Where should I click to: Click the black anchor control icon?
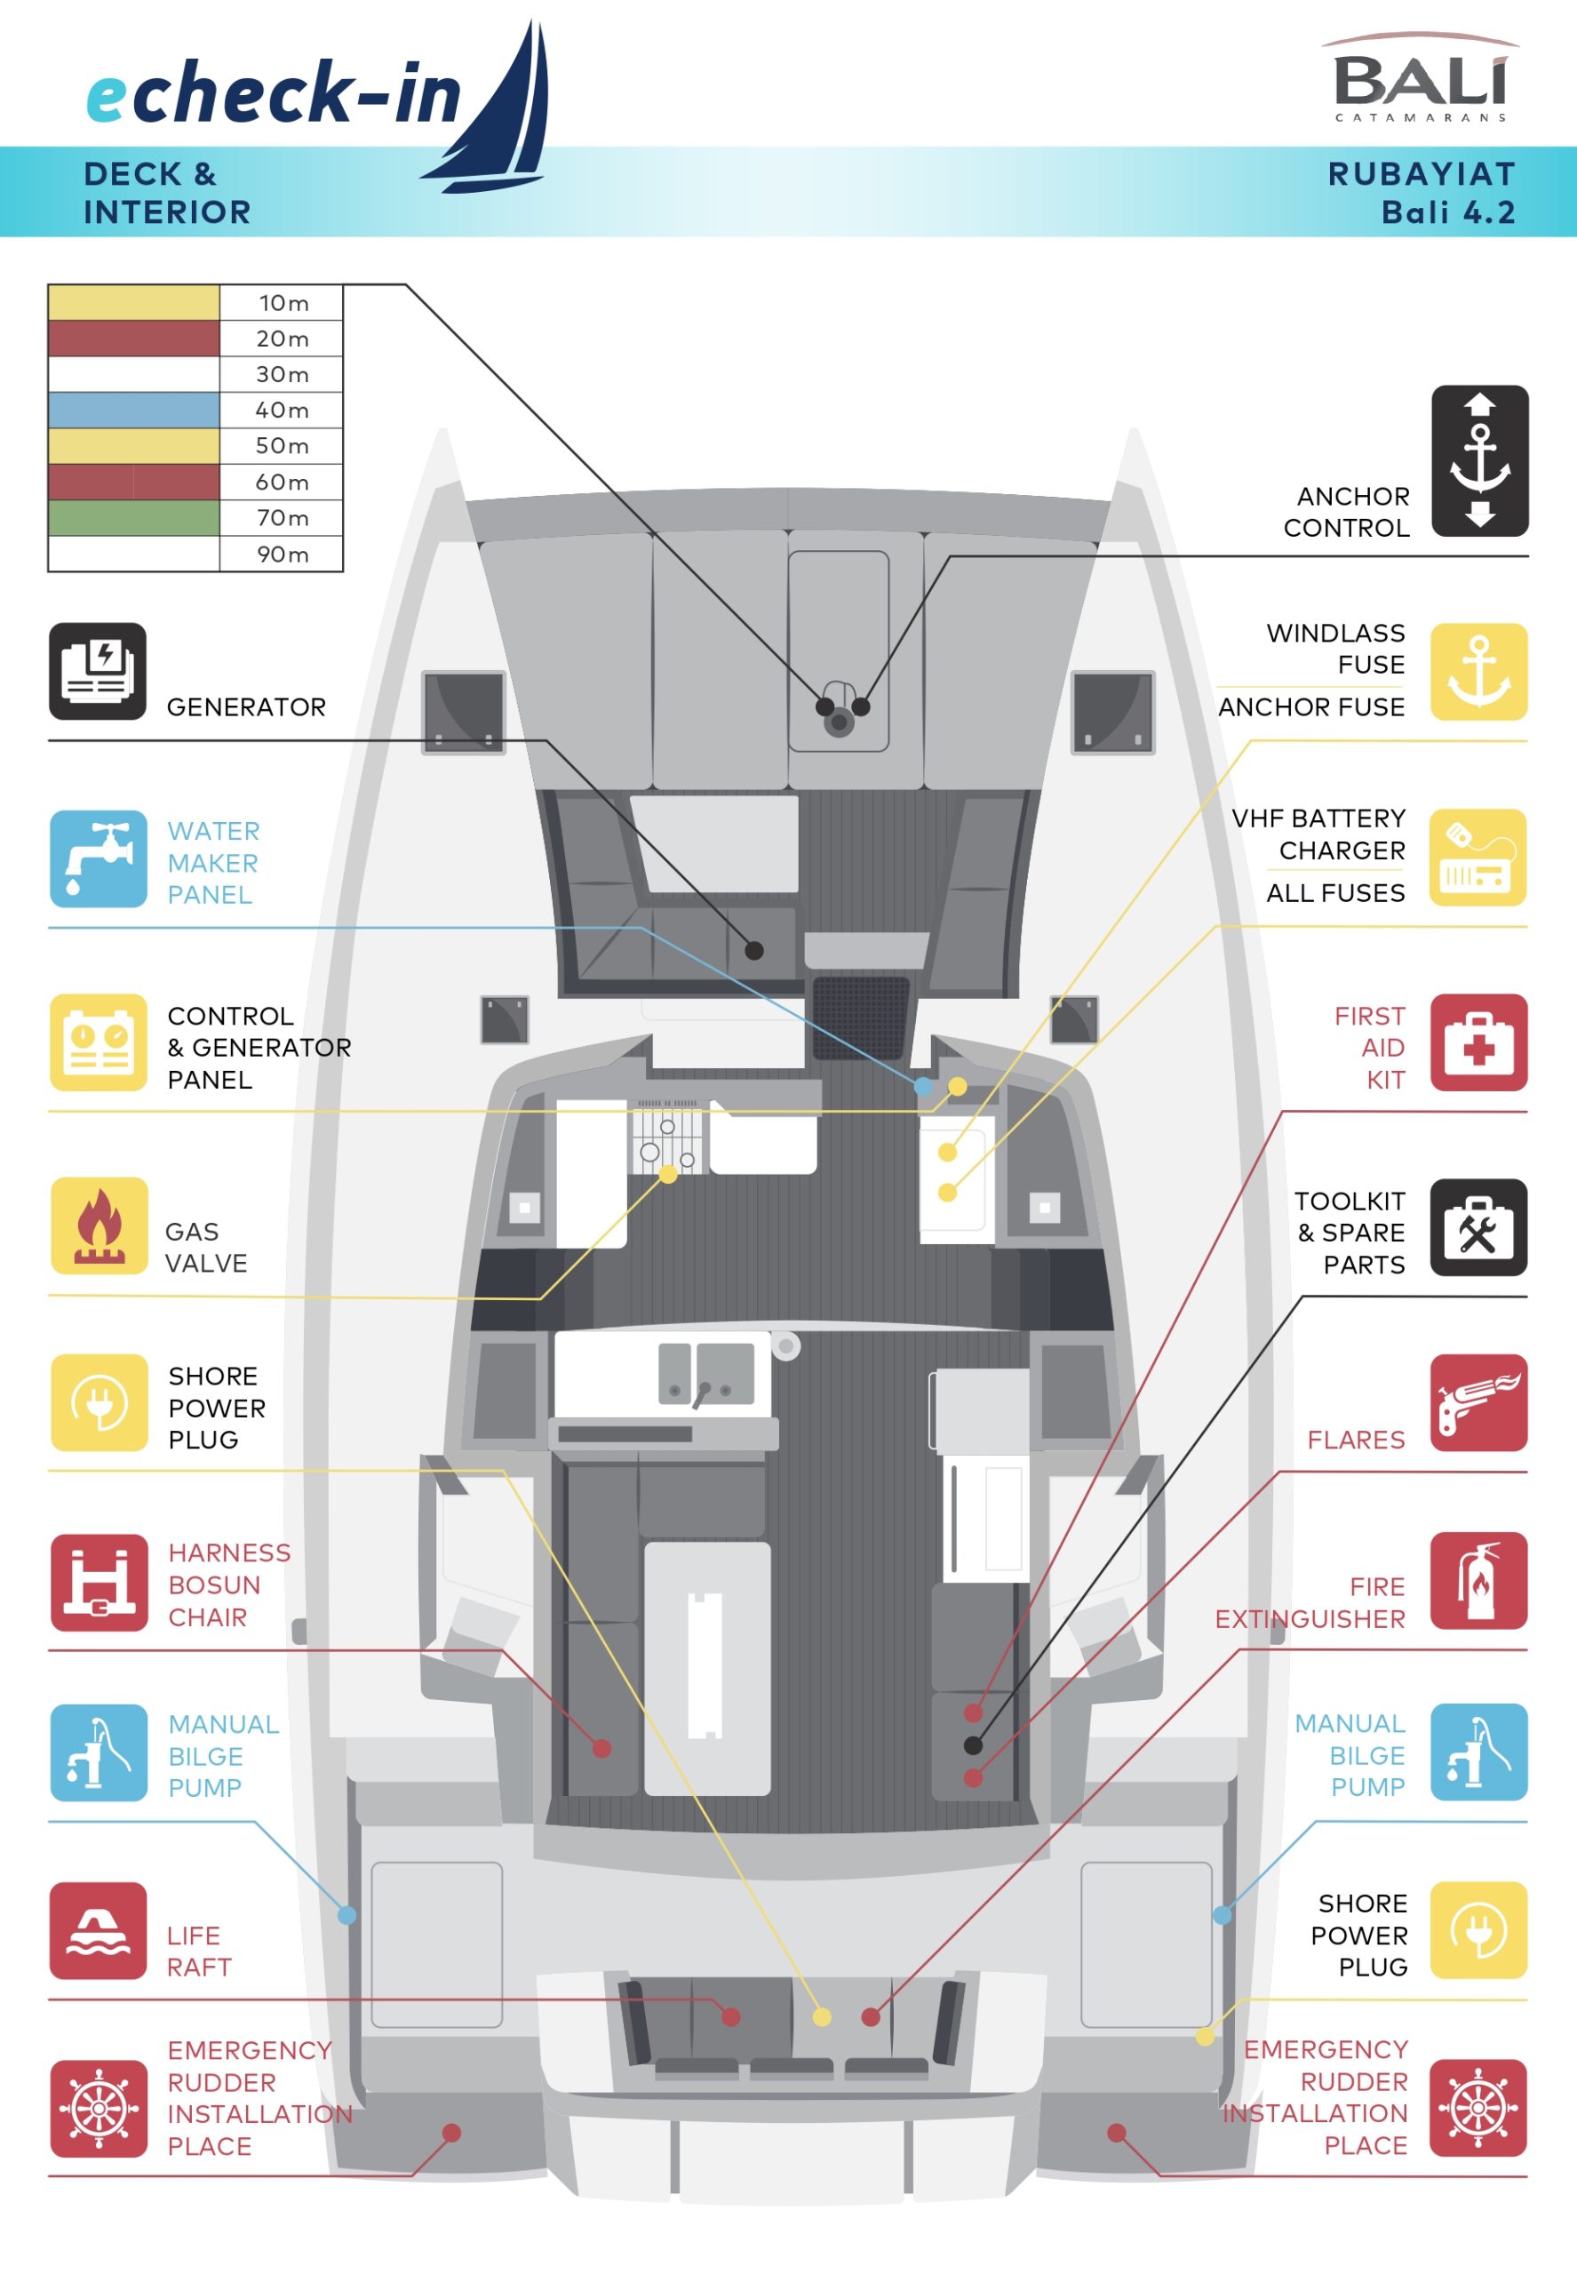(x=1479, y=460)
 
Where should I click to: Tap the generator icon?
(x=98, y=671)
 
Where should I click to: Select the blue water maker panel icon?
(x=98, y=858)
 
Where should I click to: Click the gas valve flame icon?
(x=98, y=1225)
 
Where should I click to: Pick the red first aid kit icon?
(x=1478, y=1042)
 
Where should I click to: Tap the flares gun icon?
(x=1478, y=1402)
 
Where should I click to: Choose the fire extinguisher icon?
(x=1478, y=1580)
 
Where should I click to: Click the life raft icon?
(x=98, y=1930)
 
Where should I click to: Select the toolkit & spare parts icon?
(x=1478, y=1226)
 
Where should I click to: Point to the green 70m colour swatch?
(x=133, y=518)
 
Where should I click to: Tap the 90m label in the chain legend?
(x=283, y=555)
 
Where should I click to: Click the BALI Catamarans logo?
(x=1420, y=79)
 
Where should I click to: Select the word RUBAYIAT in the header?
(x=1421, y=174)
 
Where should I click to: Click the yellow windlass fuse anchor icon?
(x=1478, y=671)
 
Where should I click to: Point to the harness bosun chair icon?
(x=98, y=1582)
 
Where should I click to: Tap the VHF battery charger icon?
(x=1478, y=857)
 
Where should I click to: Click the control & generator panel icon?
(x=98, y=1042)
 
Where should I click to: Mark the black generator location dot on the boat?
(x=754, y=951)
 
